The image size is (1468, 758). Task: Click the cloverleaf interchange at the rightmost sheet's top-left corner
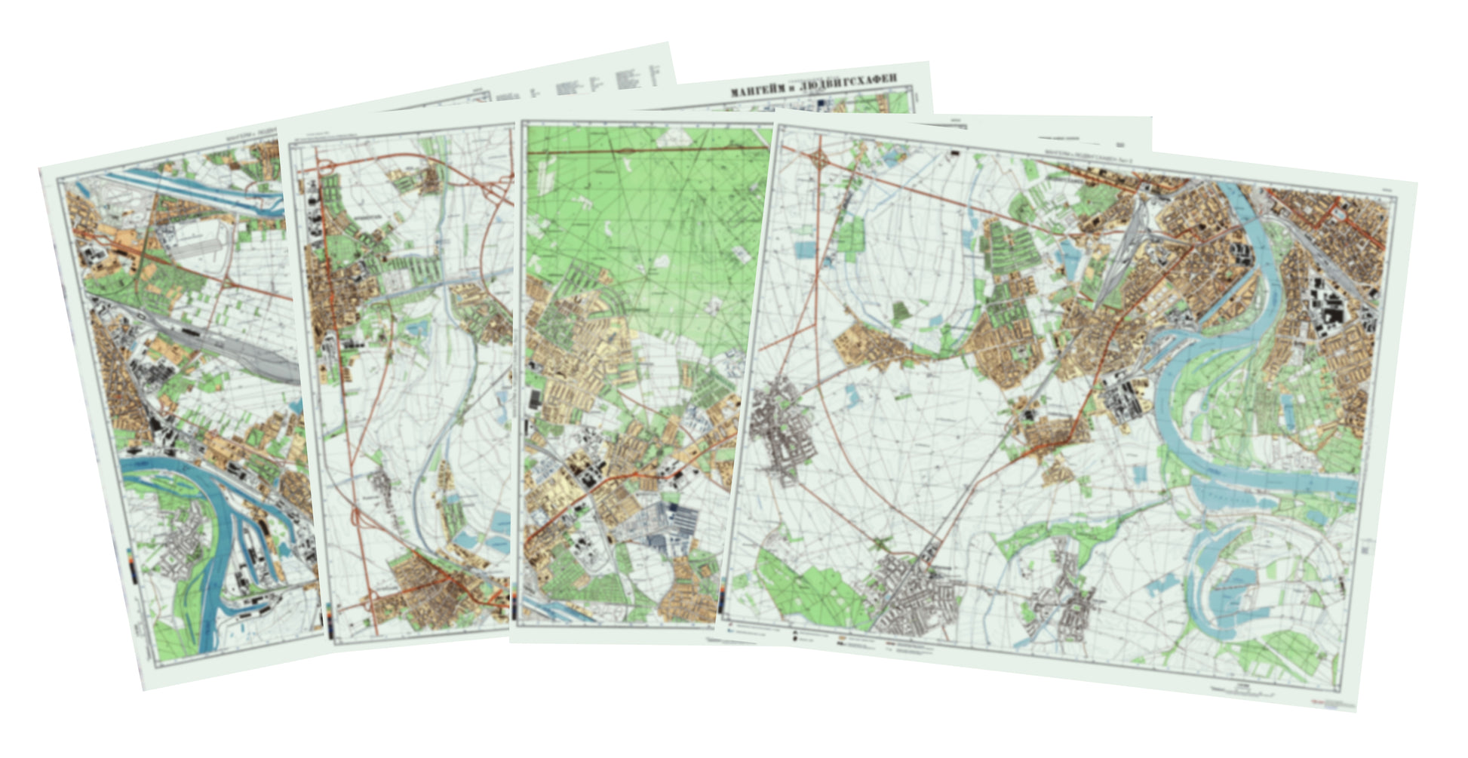pyautogui.click(x=821, y=159)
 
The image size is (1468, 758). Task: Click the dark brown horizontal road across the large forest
pyautogui.click(x=649, y=152)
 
